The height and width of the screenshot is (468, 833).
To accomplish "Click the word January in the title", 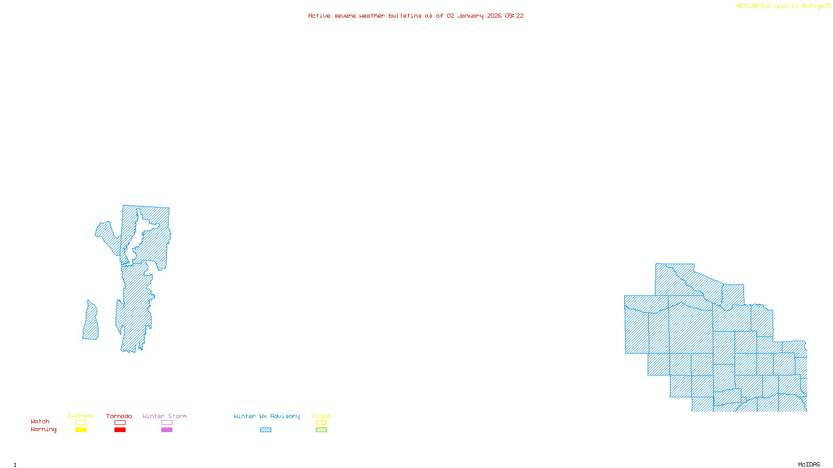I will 471,16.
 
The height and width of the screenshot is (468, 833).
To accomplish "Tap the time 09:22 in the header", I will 514,16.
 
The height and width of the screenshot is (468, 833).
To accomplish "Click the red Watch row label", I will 40,422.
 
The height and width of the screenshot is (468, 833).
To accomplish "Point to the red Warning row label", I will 44,430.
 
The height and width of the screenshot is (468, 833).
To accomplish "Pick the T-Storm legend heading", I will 80,416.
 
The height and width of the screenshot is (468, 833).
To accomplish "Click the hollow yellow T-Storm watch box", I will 81,423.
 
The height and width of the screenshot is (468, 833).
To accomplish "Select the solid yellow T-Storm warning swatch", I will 81,430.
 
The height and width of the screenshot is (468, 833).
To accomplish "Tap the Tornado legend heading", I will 119,416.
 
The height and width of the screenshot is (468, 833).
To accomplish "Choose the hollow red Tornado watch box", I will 120,423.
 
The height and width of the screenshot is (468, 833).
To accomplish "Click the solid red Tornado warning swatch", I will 120,430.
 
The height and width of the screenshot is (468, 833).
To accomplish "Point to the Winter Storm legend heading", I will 165,416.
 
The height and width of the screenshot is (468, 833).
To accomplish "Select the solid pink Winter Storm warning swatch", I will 167,430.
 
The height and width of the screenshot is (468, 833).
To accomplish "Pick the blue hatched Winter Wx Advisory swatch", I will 266,430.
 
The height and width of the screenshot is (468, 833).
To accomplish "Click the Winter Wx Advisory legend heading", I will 267,416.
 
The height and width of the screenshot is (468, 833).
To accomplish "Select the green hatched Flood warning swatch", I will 321,430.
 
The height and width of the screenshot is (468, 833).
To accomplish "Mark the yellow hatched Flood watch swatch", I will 321,423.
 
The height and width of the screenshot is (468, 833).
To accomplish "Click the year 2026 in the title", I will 495,16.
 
